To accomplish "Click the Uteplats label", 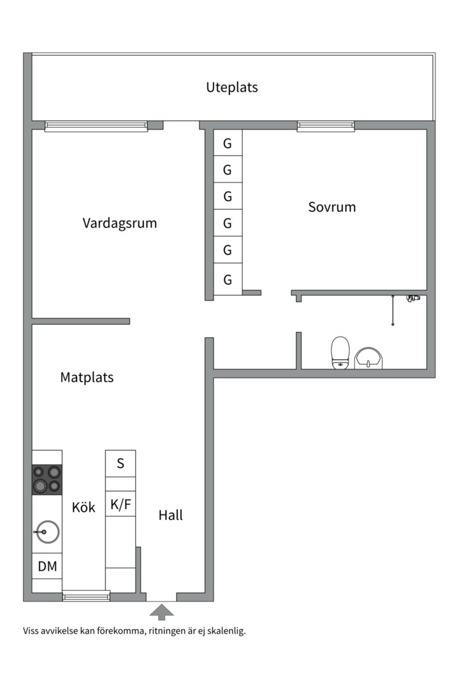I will click(232, 87).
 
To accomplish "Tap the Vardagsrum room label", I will click(119, 223).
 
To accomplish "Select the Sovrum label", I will click(331, 207).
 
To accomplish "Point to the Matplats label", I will click(87, 377).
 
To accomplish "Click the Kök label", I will click(84, 507).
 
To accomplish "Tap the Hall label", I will click(170, 515).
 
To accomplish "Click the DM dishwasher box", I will click(47, 566).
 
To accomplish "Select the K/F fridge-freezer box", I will click(120, 505).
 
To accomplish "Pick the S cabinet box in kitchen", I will click(120, 464).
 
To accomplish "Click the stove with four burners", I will click(47, 480).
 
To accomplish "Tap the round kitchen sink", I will click(47, 531).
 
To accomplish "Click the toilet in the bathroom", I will click(340, 353).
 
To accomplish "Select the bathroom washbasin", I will click(368, 359).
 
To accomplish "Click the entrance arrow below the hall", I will click(161, 612).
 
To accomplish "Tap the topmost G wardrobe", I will click(228, 144).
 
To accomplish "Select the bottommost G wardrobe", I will click(228, 279).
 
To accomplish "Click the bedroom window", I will click(326, 126).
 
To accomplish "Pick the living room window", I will click(96, 126).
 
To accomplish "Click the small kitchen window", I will click(86, 597).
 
